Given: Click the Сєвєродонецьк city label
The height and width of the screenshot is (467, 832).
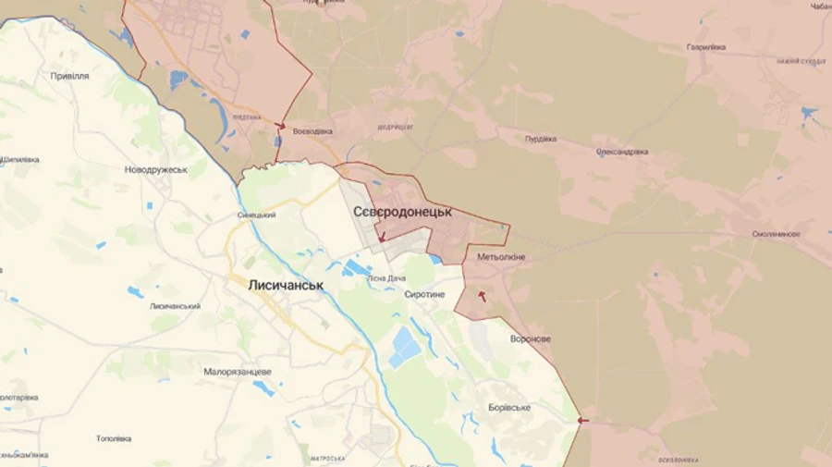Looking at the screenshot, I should [x=403, y=212].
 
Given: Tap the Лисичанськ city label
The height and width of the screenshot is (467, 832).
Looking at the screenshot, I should [x=286, y=285].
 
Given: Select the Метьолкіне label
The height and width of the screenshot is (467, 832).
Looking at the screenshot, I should [x=501, y=257].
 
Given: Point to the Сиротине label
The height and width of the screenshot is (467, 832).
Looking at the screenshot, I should [x=425, y=294].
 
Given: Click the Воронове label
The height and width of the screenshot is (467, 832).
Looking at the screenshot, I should [x=531, y=338].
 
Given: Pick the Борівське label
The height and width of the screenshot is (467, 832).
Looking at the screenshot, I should [x=509, y=407].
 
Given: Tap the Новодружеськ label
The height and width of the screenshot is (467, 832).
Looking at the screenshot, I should [x=156, y=170].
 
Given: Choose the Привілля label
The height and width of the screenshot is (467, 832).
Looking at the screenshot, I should [x=70, y=76].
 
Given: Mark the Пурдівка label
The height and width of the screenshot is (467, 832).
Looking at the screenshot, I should [x=541, y=139].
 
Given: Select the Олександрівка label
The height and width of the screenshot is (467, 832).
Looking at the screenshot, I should [x=622, y=152].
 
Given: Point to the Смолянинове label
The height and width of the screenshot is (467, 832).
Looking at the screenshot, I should [x=777, y=234].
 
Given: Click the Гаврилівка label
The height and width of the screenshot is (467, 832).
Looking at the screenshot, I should [x=706, y=46].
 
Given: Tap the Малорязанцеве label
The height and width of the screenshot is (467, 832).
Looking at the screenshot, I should [x=238, y=372].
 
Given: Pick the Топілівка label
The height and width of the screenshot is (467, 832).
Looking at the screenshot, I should [x=114, y=438].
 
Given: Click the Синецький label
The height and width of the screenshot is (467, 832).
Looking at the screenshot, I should [x=257, y=215].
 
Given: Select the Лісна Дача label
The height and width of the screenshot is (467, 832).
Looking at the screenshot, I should [x=386, y=277].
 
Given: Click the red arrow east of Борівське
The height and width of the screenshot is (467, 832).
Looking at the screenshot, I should [x=582, y=421].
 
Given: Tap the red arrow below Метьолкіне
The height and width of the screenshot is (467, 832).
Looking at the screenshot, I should [x=482, y=296].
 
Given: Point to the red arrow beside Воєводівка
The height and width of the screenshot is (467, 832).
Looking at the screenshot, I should [x=280, y=126].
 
